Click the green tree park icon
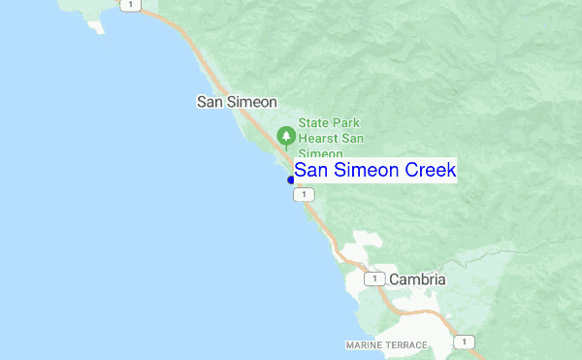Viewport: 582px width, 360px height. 286,135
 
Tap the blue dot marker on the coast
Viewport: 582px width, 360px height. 291,180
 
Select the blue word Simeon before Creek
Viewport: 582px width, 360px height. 365,170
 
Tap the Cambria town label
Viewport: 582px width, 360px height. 417,279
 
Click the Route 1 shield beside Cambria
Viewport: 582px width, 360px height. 374,279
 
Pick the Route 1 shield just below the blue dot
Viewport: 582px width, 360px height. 305,195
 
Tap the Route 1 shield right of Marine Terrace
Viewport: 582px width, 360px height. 467,342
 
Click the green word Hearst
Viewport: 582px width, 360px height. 317,139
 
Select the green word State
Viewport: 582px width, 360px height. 313,123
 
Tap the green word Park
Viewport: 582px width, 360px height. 347,123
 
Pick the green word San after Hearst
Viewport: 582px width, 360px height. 351,139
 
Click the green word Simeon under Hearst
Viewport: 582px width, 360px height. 320,154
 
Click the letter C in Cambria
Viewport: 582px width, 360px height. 395,279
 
